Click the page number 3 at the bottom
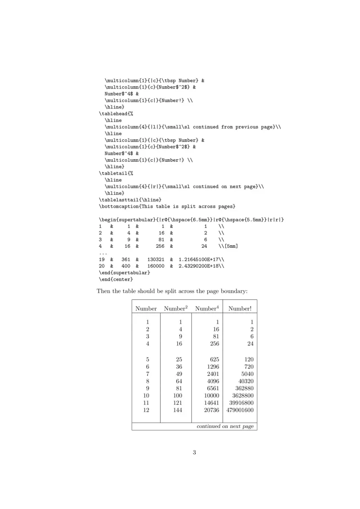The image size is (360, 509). pyautogui.click(x=194, y=452)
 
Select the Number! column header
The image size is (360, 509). pyautogui.click(x=240, y=308)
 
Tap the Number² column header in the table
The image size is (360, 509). pyautogui.click(x=175, y=308)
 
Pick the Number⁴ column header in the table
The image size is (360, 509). pyautogui.click(x=207, y=308)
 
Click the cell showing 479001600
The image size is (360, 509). pyautogui.click(x=240, y=410)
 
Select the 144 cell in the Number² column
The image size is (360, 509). pyautogui.click(x=177, y=410)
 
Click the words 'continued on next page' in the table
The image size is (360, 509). pyautogui.click(x=225, y=426)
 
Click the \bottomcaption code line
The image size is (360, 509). pyautogui.click(x=167, y=206)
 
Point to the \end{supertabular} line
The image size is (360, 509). pyautogui.click(x=124, y=273)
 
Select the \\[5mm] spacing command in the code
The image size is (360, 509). pyautogui.click(x=228, y=246)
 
